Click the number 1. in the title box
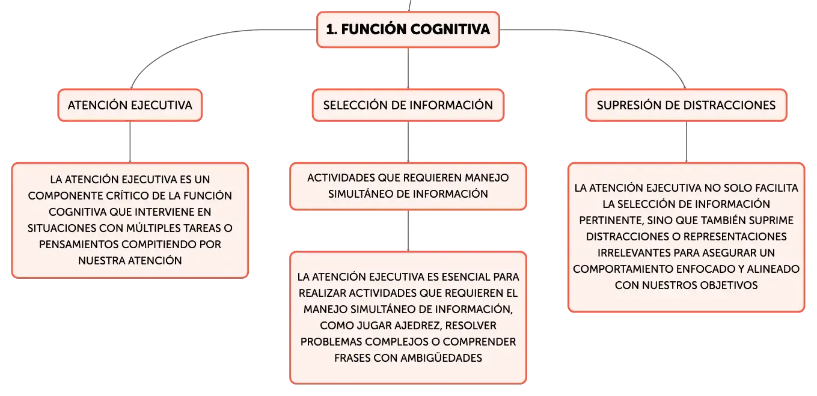331,29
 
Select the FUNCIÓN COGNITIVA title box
408,29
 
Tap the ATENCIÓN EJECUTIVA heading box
130,105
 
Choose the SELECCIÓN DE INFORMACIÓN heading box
408,105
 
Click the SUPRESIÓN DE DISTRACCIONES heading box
686,105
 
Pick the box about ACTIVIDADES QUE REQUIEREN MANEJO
408,186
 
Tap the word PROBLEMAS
331,342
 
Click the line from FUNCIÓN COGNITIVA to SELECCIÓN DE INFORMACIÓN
408,69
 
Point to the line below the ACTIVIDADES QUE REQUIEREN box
408,231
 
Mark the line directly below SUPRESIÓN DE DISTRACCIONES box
687,142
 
